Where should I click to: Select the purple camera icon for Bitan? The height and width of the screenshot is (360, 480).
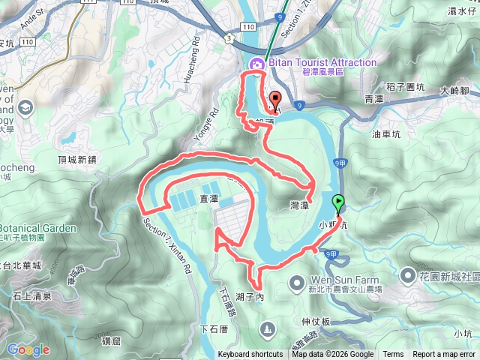(257, 64)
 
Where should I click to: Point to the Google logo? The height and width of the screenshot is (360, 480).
(28, 349)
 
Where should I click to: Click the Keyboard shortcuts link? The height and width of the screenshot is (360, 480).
(251, 355)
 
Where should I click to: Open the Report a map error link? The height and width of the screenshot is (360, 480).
(444, 355)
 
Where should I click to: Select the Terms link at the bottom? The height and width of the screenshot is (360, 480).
(393, 355)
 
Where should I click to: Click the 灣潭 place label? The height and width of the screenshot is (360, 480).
(299, 204)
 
